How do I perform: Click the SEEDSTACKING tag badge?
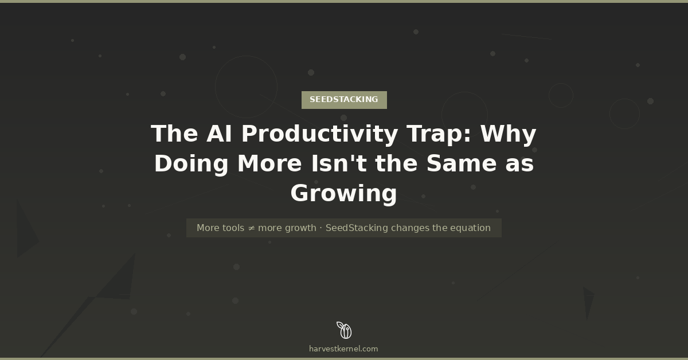tap(344, 100)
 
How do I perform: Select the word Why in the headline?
tap(508, 134)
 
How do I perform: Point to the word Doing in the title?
tap(191, 164)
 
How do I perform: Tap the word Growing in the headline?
tap(344, 194)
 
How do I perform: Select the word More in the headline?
tap(269, 164)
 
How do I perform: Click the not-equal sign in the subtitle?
tap(251, 228)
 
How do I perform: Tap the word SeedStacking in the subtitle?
tap(357, 228)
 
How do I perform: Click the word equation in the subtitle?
tap(470, 228)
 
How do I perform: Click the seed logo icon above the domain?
tap(344, 330)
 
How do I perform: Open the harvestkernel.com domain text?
tap(344, 349)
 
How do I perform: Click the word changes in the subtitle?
tap(410, 228)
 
